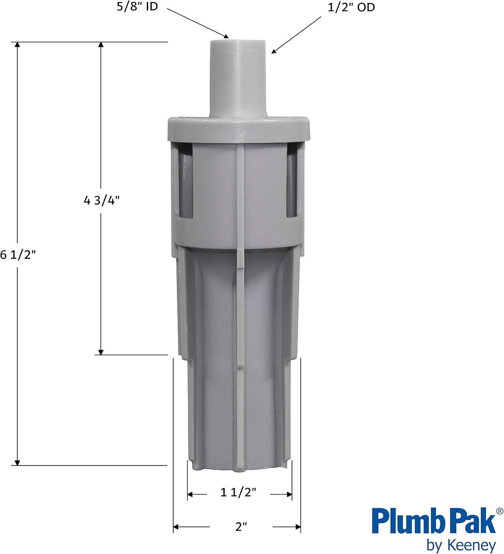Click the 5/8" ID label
pos(137,7)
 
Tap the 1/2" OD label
pos(351,7)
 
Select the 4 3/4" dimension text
pos(101,201)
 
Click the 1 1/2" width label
pos(238,492)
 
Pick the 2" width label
pos(241,527)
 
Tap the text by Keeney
pos(461,545)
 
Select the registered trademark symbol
pos(500,511)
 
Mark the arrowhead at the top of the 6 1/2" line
pos(17,45)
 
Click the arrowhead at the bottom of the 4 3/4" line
pos(101,352)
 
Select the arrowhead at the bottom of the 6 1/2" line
pos(17,462)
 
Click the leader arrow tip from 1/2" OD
pos(273,52)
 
